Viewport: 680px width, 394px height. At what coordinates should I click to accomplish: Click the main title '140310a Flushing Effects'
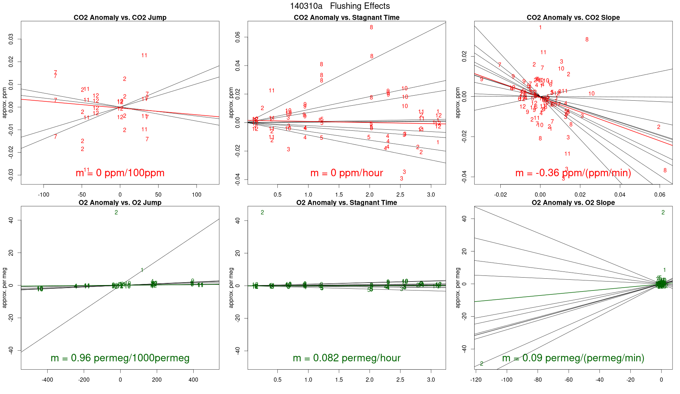(340, 6)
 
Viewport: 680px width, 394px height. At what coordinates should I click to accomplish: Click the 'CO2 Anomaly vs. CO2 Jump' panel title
(120, 18)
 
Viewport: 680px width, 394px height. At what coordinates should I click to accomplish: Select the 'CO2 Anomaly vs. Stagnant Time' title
(346, 18)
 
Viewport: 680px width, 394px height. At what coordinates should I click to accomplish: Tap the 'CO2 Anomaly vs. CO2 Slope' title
(573, 18)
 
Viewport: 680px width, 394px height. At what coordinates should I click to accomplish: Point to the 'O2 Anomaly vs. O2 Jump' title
(120, 203)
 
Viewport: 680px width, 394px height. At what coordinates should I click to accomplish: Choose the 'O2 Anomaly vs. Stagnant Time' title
(346, 203)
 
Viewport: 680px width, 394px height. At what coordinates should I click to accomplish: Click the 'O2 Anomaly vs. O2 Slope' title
(573, 203)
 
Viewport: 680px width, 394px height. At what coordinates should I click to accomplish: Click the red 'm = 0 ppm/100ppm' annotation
(120, 173)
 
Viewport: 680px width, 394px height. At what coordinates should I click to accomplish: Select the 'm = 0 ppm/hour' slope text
(346, 173)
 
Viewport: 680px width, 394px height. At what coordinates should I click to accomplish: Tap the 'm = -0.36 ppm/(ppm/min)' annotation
(573, 173)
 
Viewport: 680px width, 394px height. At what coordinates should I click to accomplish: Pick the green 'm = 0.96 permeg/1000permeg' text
(120, 358)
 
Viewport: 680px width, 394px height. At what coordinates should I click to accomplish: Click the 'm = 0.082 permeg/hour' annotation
(346, 358)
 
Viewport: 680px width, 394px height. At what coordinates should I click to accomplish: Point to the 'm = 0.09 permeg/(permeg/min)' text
(573, 358)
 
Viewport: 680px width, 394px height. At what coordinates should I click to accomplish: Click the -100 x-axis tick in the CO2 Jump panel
(44, 195)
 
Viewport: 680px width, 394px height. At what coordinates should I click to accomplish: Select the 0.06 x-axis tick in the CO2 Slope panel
(660, 195)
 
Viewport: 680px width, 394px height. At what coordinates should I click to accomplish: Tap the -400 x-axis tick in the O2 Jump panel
(47, 380)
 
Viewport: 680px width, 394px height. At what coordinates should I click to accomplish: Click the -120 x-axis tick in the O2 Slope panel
(476, 380)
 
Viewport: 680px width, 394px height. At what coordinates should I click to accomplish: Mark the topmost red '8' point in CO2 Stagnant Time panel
(371, 28)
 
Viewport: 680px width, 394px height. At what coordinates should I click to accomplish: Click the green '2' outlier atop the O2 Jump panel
(116, 213)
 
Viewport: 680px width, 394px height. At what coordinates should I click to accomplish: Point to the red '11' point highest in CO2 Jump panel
(144, 56)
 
